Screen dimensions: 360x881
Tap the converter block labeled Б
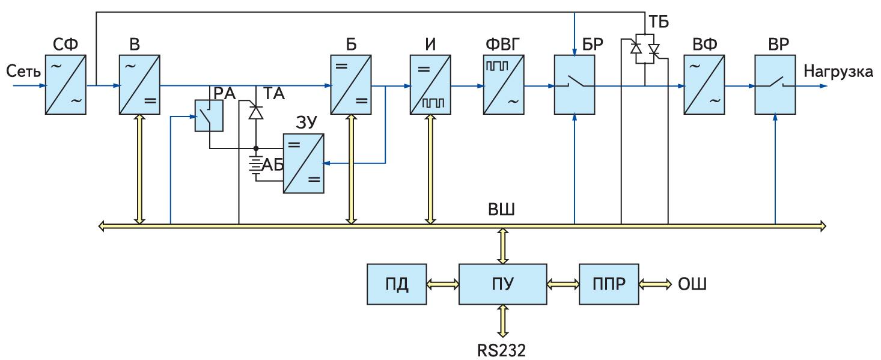pyautogui.click(x=349, y=85)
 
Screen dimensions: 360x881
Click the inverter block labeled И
pyautogui.click(x=429, y=85)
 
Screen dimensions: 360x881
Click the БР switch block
pyautogui.click(x=575, y=85)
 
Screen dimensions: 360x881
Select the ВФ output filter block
pyautogui.click(x=704, y=85)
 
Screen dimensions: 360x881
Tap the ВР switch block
pyautogui.click(x=776, y=85)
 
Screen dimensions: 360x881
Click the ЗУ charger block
pyautogui.click(x=304, y=163)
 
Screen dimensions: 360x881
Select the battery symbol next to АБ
pyautogui.click(x=257, y=166)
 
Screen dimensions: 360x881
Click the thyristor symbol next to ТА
pyautogui.click(x=257, y=111)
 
